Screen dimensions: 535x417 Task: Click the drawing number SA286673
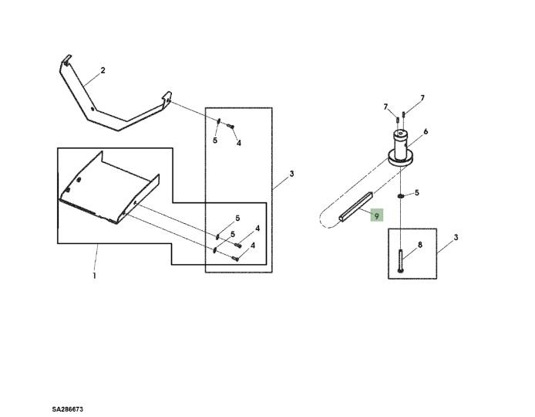click(68, 409)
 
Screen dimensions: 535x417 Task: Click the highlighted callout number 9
click(377, 215)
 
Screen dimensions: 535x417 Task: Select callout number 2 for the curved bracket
click(103, 70)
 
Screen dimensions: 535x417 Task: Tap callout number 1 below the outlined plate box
click(95, 276)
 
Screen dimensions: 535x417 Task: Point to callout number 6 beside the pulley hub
click(426, 131)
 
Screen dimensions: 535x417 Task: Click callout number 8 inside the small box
click(420, 245)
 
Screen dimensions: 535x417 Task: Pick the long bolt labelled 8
click(401, 261)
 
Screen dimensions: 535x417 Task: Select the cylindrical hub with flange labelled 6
click(401, 149)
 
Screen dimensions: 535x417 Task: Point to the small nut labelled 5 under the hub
click(401, 196)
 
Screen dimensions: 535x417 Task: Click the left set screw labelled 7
click(398, 120)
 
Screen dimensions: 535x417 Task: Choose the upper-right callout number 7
click(422, 98)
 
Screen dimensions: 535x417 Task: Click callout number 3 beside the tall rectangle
click(291, 174)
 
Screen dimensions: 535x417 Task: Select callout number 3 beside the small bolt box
click(456, 237)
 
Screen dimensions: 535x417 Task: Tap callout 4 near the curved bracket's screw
click(239, 143)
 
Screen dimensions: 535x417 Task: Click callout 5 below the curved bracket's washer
click(215, 140)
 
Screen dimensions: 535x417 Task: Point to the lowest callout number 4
click(253, 246)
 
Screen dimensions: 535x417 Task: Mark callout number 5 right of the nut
click(416, 193)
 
